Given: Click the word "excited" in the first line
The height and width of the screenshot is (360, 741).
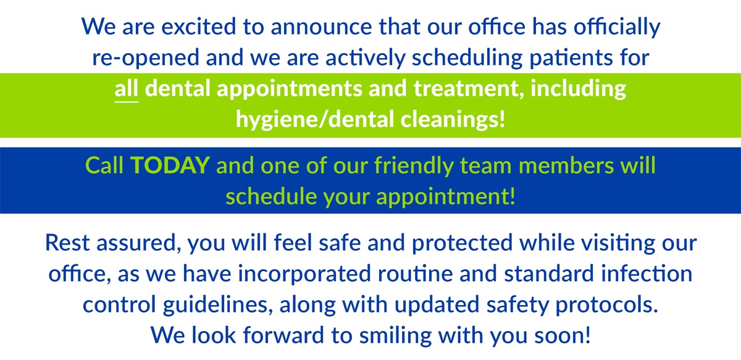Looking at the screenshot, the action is (x=198, y=27).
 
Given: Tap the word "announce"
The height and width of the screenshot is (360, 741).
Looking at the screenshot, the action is (x=322, y=27).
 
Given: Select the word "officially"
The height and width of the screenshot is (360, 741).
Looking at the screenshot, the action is (x=617, y=27).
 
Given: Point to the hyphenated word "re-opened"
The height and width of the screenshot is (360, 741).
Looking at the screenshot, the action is (x=146, y=58).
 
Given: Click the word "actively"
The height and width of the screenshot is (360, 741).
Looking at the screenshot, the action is (x=365, y=57).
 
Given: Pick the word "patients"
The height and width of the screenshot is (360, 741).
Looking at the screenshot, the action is (x=571, y=58).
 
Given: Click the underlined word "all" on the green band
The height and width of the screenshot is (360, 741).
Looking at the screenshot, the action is (x=127, y=89).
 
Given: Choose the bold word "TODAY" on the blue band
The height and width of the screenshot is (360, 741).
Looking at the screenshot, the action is (x=170, y=165).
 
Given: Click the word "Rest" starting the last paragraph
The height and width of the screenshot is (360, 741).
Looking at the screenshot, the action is (x=67, y=243).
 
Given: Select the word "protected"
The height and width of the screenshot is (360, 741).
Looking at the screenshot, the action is (x=462, y=243).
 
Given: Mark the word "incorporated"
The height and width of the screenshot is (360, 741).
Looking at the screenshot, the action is (x=304, y=274).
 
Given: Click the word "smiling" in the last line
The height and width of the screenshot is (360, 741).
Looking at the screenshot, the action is (x=395, y=335).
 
